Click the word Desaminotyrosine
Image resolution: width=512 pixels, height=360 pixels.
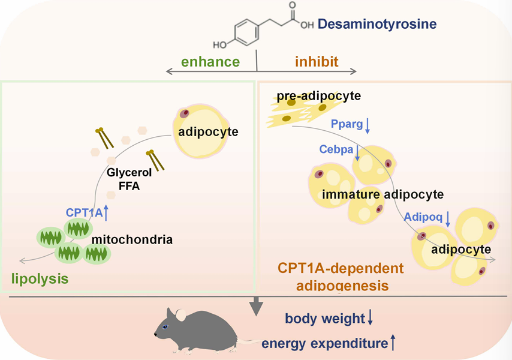pos(377,25)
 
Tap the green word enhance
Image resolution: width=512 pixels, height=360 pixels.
pos(212,61)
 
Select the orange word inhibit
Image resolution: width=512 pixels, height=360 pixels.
pos(317,61)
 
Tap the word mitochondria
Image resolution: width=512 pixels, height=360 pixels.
pos(132,240)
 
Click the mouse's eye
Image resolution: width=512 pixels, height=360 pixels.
pos(166,327)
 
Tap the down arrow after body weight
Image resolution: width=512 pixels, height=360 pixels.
pos(370,319)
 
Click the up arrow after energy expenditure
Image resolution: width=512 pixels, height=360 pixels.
pos(393,343)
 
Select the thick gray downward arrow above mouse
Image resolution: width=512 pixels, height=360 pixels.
pos(257,305)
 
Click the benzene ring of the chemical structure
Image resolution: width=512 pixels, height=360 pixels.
pos(243,32)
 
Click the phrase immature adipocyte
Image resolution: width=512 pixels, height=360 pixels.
pos(383,194)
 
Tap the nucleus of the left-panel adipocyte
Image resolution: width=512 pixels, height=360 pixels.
pos(185,113)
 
